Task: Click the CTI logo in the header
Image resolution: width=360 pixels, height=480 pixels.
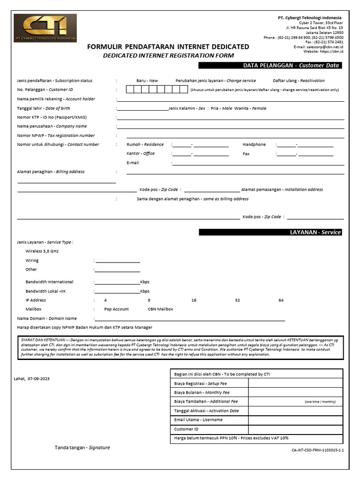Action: coord(45,28)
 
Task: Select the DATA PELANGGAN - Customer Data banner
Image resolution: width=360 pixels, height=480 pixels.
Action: coord(270,66)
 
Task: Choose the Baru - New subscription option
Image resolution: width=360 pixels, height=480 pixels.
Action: coord(147,81)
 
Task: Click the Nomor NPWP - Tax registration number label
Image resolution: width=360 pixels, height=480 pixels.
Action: coord(56,135)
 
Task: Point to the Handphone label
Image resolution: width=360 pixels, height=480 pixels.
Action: coord(254,144)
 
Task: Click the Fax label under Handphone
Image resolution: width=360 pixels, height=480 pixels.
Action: coord(246,154)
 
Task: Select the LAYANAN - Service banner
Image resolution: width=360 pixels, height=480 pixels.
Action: coord(270,232)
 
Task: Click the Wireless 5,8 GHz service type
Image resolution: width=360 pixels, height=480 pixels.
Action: coord(42,251)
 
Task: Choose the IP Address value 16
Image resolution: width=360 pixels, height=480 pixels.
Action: coord(194,300)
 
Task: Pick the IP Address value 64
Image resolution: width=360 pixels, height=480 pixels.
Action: coord(281,300)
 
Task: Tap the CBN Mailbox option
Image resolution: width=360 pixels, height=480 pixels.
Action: coord(160,309)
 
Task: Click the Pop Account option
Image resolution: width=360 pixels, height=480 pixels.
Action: coord(116,309)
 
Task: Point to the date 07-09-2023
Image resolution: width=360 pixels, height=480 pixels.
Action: coord(38,378)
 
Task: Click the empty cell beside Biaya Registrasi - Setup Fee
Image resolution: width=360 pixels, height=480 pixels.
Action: coord(296,383)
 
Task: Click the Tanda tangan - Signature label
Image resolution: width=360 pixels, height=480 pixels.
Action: coord(82,448)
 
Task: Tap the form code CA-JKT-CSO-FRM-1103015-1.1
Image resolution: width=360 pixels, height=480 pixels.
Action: coord(317,450)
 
